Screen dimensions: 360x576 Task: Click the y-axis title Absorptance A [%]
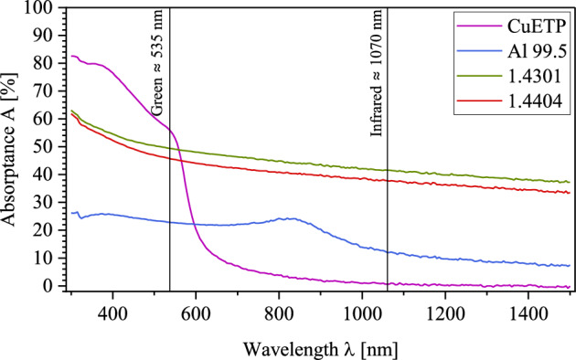coord(13,147)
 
